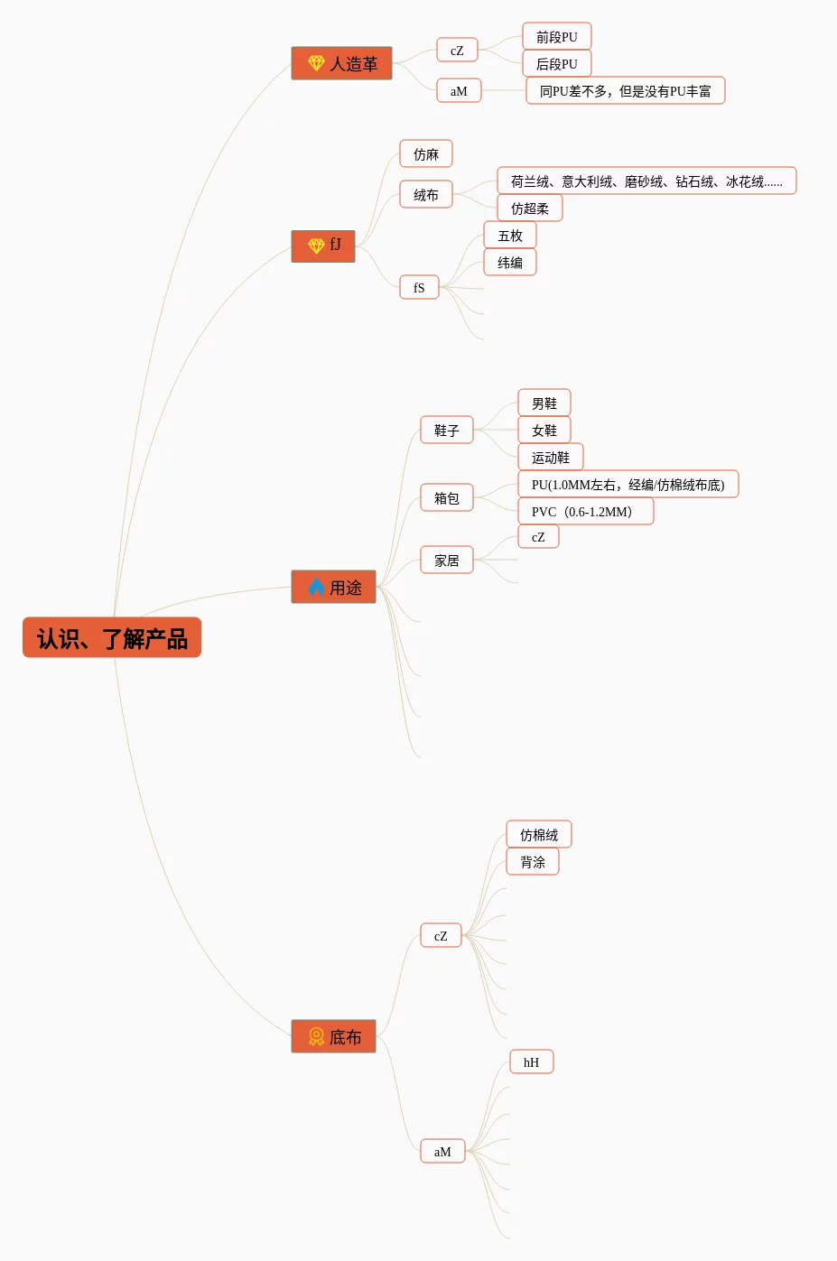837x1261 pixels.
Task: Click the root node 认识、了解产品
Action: point(112,638)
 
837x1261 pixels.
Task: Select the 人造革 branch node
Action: point(341,63)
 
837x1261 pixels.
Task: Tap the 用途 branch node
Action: point(333,587)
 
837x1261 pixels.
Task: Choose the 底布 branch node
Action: point(333,1036)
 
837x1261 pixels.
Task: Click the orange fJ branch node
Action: point(323,246)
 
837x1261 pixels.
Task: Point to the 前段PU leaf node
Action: point(556,37)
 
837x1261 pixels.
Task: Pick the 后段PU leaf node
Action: point(556,64)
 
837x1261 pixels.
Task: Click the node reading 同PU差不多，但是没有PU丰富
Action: point(625,91)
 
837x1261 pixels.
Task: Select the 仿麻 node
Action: point(426,154)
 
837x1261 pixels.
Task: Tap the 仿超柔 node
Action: point(530,209)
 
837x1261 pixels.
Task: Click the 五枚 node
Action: point(510,236)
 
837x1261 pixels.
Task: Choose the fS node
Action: point(419,288)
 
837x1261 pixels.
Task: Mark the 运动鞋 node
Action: point(551,458)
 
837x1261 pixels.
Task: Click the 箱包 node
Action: point(447,498)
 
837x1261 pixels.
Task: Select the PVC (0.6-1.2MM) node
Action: point(585,512)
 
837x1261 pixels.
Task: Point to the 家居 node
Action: point(447,561)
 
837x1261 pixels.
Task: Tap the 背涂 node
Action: point(533,862)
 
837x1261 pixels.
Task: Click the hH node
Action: point(531,1062)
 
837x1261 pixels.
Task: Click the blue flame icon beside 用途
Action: point(316,587)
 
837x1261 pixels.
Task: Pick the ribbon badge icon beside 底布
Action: point(316,1036)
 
